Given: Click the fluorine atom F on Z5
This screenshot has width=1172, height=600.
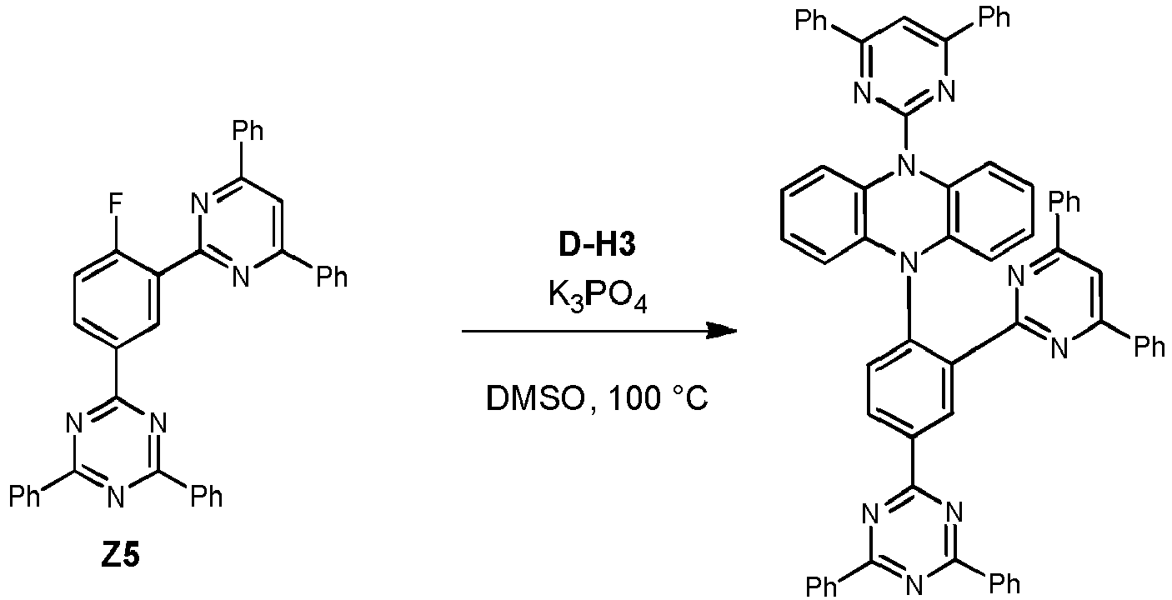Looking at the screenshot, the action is pos(115,203).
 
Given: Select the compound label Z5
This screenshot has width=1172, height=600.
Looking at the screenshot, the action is pos(121,555).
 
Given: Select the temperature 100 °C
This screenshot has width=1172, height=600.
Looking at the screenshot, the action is pos(656,399).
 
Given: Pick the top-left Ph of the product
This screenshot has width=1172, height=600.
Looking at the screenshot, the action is pos(811,21).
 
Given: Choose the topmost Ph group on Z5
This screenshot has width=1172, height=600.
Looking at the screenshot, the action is pos(247,130).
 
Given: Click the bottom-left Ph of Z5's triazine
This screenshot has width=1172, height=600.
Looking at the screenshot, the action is pos(25,496).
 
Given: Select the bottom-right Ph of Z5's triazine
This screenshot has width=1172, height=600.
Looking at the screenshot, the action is pos(206,496).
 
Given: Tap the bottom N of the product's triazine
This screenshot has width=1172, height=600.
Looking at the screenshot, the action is pos(914,586).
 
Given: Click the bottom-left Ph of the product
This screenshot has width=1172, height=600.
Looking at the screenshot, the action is pos(822,586).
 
